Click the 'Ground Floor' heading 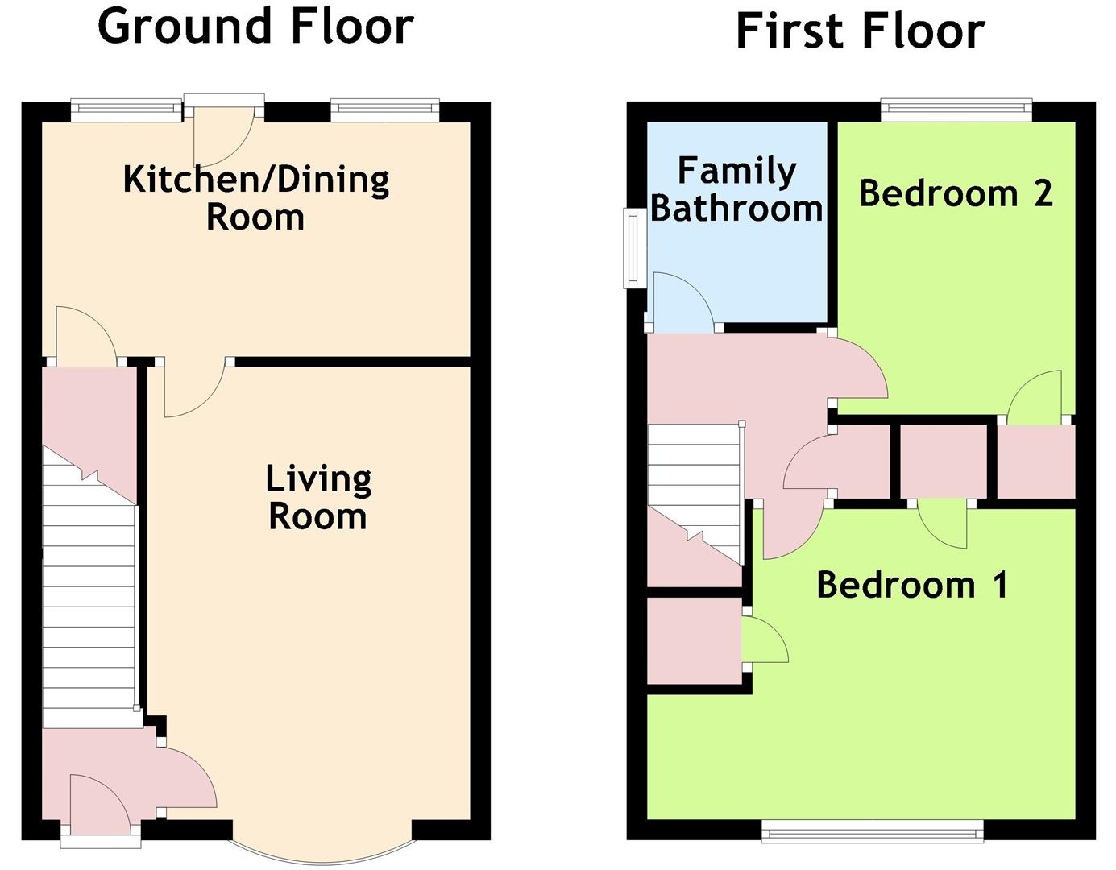255,26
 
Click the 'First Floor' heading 860,32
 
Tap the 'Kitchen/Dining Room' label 255,197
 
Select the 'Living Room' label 318,497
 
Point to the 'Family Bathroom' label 736,189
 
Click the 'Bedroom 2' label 956,193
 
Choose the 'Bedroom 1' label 911,584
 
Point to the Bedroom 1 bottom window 873,831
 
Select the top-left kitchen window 127,110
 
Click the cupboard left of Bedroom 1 694,640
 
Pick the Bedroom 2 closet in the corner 1036,462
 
